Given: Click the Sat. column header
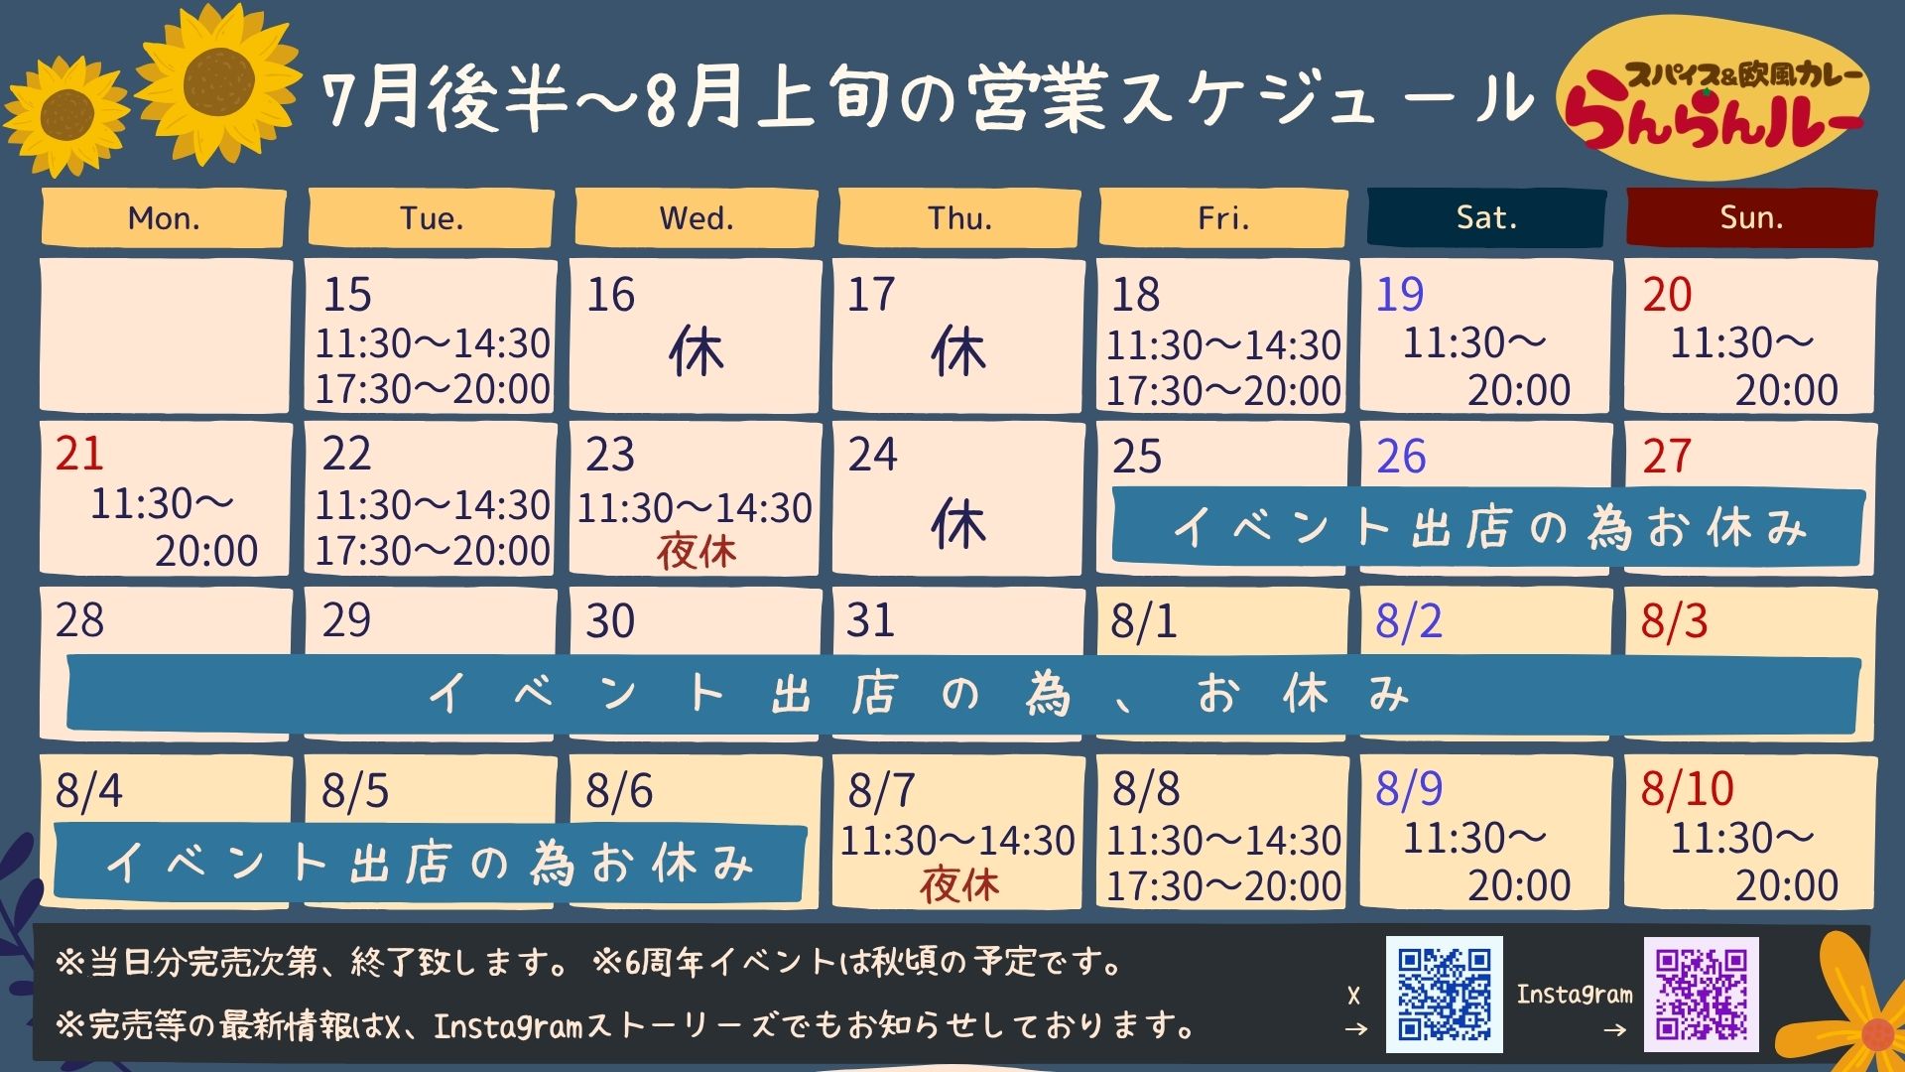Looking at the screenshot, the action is click(x=1486, y=217).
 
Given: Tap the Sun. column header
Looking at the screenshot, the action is click(x=1751, y=217).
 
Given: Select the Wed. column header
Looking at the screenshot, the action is click(x=697, y=217).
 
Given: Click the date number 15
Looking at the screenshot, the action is click(x=347, y=295).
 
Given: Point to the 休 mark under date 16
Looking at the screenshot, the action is click(x=697, y=352).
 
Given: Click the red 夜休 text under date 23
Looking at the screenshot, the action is click(x=697, y=552).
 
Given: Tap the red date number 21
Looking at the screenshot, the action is click(x=79, y=455).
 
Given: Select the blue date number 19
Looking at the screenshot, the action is click(x=1399, y=295).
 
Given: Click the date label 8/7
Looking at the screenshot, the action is click(x=881, y=791).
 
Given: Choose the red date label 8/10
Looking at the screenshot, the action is click(x=1687, y=789).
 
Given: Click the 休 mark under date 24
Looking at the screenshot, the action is click(x=958, y=524).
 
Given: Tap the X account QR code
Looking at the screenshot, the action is click(x=1445, y=994).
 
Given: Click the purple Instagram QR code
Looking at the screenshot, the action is click(x=1702, y=994).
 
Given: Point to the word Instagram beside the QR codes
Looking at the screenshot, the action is click(x=1575, y=994).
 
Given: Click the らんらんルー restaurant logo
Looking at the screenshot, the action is click(x=1714, y=97).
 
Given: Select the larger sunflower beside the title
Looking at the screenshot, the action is click(x=218, y=81).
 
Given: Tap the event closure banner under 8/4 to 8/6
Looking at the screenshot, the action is click(x=429, y=863).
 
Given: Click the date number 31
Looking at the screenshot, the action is click(x=870, y=620).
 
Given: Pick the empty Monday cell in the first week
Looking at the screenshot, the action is click(x=165, y=335).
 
